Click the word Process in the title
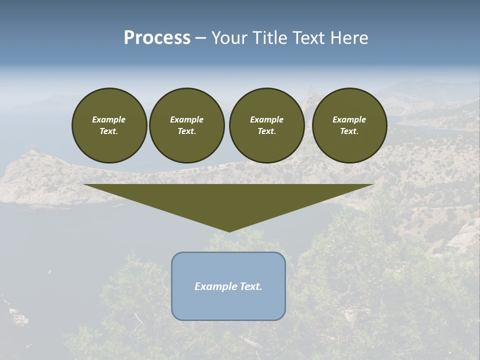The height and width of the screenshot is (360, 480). (157, 38)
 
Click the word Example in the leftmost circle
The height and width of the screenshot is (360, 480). (109, 119)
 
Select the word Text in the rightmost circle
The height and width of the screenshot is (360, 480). (348, 131)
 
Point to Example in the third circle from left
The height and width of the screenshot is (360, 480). (266, 119)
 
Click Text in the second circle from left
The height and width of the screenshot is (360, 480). (186, 131)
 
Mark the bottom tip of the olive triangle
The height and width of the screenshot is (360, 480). (228, 231)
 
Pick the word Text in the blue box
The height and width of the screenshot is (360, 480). (250, 286)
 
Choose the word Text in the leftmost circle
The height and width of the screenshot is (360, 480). (108, 131)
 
